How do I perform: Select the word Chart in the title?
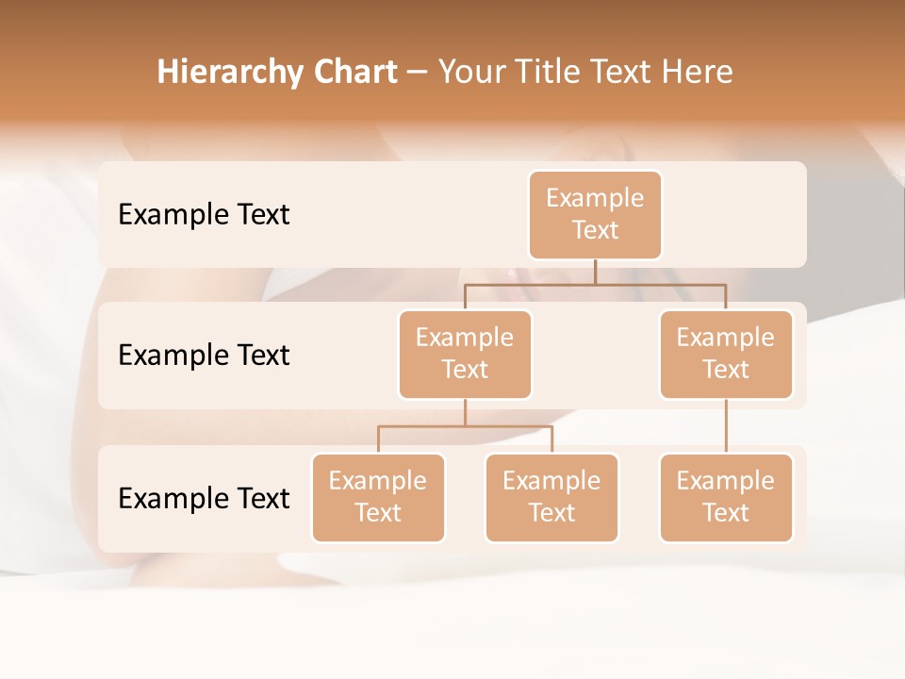(x=354, y=73)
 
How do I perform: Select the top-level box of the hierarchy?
(x=595, y=215)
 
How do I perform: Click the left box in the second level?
(x=465, y=355)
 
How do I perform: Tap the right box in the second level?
(x=726, y=355)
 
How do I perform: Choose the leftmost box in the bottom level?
(x=378, y=498)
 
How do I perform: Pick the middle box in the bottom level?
(x=551, y=498)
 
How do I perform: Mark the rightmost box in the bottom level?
(x=726, y=498)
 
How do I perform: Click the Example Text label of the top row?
(x=204, y=215)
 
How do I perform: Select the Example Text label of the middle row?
(x=204, y=356)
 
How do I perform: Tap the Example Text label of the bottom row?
(x=204, y=498)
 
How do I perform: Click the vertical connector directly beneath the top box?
(x=595, y=272)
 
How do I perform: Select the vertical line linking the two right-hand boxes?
(x=726, y=426)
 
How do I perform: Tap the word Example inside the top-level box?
(x=595, y=198)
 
